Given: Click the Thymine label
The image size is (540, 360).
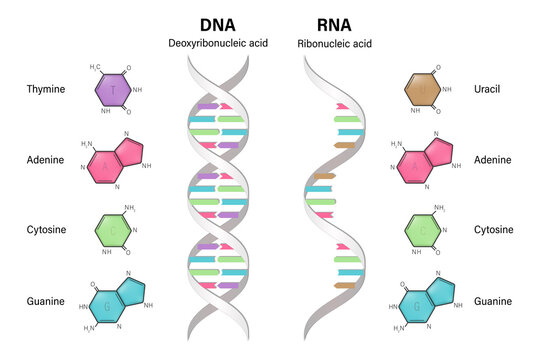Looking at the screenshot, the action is (x=46, y=90).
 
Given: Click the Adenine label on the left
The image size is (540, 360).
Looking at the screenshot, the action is (x=46, y=160).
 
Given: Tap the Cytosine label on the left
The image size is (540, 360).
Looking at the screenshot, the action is (x=47, y=229).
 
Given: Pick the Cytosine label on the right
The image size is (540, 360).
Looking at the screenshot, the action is (x=491, y=229).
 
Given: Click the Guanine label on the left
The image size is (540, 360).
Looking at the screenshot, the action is (x=46, y=300).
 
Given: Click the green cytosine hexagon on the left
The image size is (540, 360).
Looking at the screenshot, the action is (x=113, y=230).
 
